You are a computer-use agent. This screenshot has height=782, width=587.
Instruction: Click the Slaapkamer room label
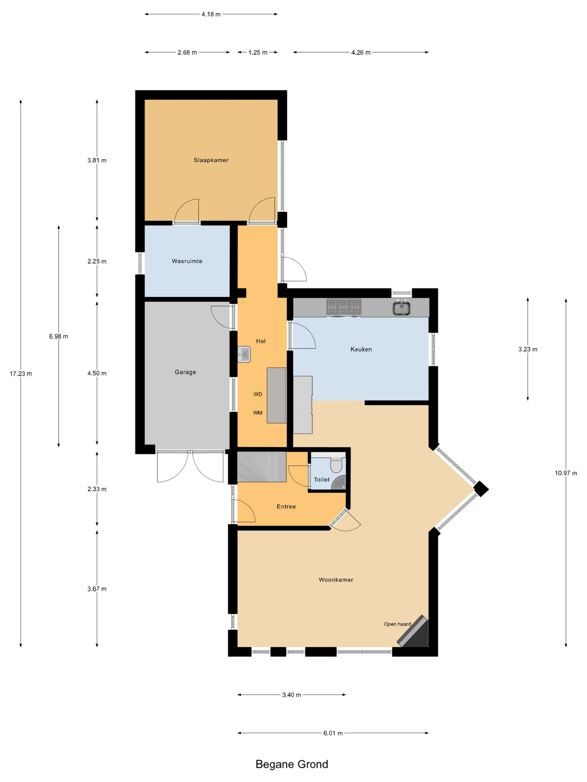point(211,160)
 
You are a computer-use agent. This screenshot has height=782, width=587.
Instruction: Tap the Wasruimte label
point(187,261)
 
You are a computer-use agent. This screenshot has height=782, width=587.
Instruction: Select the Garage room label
point(185,372)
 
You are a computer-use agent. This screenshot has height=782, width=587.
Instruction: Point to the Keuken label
point(361,349)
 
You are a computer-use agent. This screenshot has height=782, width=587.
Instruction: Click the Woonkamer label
point(336,580)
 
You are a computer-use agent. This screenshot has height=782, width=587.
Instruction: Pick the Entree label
point(286,506)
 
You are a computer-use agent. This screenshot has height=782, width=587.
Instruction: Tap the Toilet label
point(322,480)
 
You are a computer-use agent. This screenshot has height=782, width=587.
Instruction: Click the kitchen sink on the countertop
point(402,308)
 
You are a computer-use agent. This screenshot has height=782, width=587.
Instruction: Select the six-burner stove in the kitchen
point(343,307)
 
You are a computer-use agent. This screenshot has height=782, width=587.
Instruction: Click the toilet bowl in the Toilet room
point(336,465)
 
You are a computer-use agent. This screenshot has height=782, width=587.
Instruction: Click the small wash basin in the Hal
point(244,354)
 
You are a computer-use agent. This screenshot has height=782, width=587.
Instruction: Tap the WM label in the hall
point(258,413)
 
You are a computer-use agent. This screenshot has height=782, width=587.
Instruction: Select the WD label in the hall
point(258,394)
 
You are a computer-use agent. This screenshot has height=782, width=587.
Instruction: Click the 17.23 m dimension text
point(21,374)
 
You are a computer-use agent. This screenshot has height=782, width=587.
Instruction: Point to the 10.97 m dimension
point(566,473)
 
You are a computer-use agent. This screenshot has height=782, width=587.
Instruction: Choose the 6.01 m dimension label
point(333,733)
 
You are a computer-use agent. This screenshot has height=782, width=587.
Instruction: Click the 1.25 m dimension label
point(258,53)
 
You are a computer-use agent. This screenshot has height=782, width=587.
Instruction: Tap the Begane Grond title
point(292,765)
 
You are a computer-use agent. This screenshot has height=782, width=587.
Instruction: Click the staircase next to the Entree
point(261,467)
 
